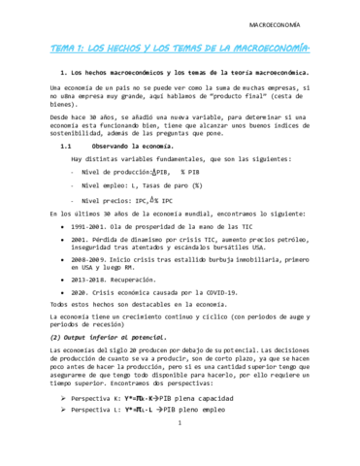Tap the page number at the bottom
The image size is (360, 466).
click(x=180, y=450)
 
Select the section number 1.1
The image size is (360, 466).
click(x=67, y=147)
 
